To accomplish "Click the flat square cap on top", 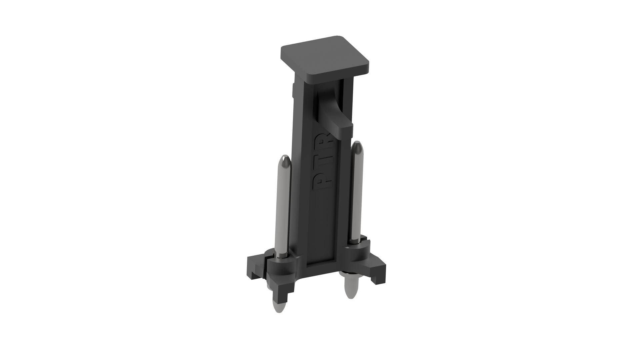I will (325, 57).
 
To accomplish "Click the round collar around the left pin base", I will (282, 266).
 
